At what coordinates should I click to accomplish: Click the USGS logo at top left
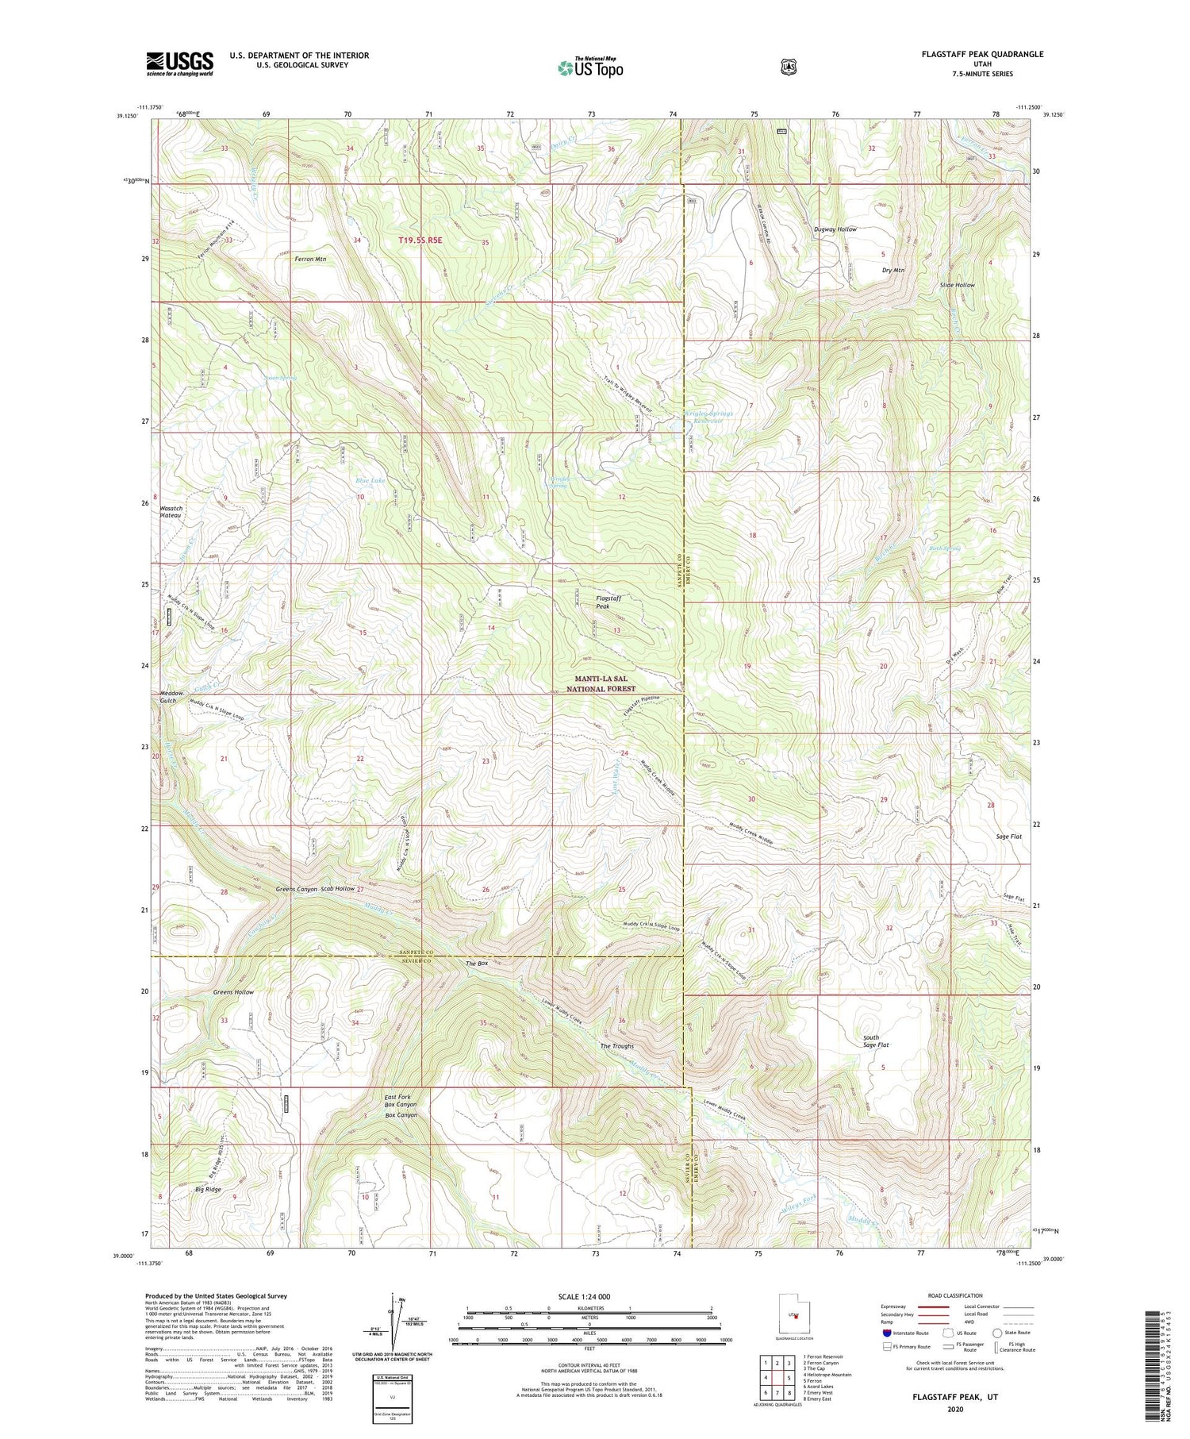(x=179, y=63)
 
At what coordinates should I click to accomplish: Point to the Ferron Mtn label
(x=310, y=259)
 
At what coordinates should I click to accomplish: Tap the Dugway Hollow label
(x=835, y=229)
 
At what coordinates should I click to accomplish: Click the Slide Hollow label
(x=957, y=284)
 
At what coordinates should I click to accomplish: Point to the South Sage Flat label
(x=876, y=1041)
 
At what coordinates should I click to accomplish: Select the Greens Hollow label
(x=233, y=992)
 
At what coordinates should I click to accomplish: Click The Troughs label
(x=616, y=1046)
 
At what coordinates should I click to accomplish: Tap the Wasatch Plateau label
(x=171, y=511)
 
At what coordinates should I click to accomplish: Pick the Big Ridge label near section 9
(x=208, y=1189)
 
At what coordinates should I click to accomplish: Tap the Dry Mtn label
(x=893, y=270)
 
